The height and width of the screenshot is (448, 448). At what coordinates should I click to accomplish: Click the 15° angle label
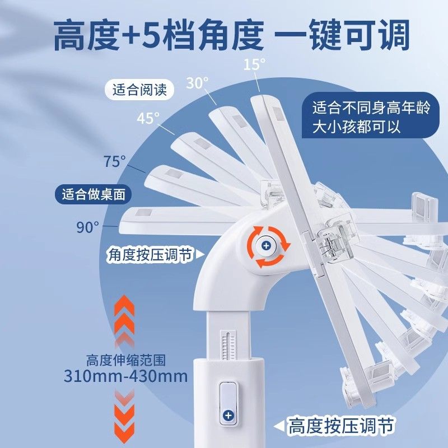point(254,64)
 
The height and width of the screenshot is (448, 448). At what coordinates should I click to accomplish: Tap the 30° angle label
point(197,83)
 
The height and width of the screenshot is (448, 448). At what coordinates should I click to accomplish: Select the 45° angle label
point(148,118)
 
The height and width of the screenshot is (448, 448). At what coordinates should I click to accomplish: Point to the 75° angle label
point(115,162)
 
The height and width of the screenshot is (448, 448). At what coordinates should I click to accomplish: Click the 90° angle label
point(88,227)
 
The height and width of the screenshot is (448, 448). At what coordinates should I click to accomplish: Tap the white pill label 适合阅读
point(139,90)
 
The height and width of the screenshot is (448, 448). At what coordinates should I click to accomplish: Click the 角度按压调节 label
point(150,255)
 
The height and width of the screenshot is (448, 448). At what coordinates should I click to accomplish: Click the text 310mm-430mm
point(125,375)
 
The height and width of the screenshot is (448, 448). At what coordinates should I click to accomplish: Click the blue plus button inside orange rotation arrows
point(266,246)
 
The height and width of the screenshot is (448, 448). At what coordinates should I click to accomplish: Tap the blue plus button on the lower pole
point(228,415)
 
